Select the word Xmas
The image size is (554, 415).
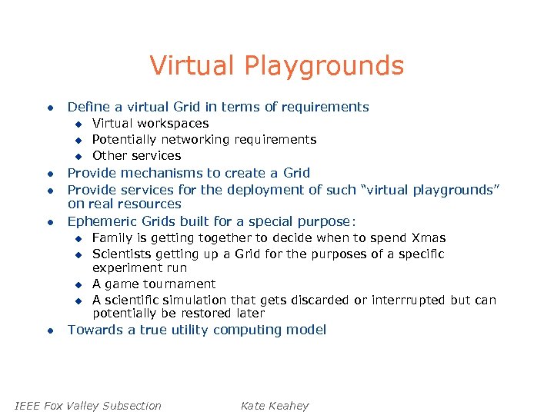click(429, 238)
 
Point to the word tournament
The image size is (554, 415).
click(179, 284)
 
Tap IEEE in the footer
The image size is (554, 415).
click(28, 406)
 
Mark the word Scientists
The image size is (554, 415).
click(122, 254)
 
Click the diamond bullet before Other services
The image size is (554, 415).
click(78, 156)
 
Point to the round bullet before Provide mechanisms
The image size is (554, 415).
click(48, 174)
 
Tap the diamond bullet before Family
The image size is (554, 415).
click(78, 239)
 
